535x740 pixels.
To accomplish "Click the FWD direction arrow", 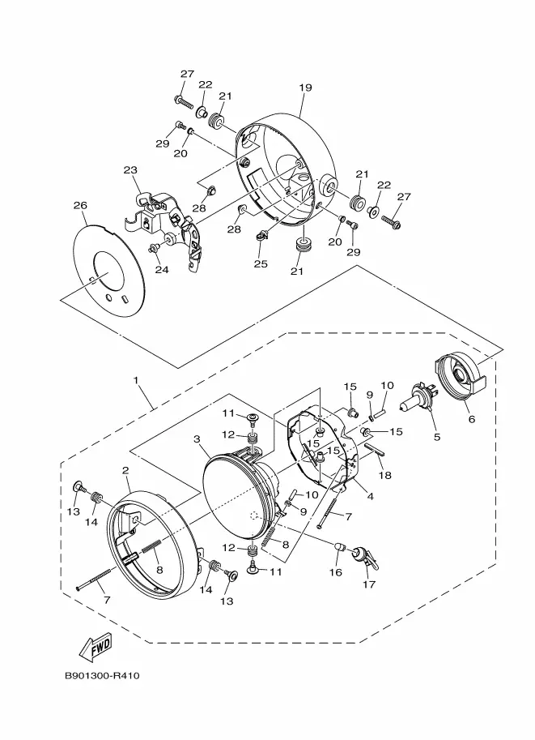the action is pos(96,647).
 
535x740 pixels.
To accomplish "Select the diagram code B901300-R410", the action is pos(102,676).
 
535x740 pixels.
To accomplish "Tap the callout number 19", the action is pos(305,88).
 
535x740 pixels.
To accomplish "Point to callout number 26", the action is pos(81,205).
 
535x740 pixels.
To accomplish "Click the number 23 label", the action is pos(130,170).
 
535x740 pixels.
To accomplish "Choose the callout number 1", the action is pos(136,380).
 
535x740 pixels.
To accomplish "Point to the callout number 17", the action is pos(369,584).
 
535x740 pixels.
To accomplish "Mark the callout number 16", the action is pos(336,572).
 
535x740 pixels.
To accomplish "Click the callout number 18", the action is pos(385,475).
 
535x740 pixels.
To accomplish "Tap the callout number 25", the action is pos(261,263).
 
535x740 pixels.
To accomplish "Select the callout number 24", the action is pos(162,269).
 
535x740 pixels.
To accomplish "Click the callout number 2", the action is pos(125,470).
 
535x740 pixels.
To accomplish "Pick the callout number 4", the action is pos(371,496).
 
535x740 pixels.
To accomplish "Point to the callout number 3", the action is pos(197,439).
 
